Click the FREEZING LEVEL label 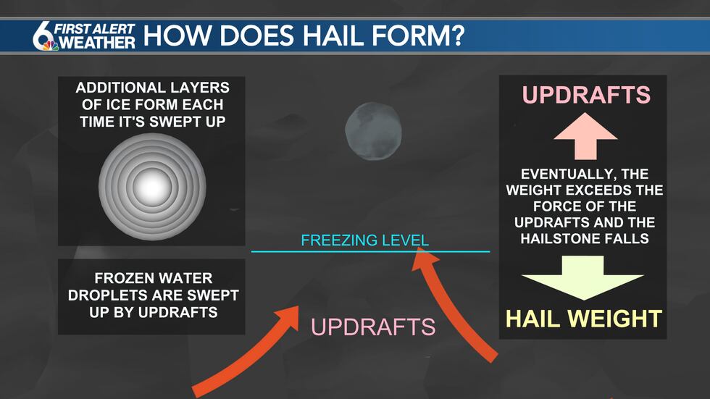(364, 240)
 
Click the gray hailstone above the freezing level (372, 131)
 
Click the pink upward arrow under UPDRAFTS (583, 138)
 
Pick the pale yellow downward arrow (583, 278)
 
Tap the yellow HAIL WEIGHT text (583, 318)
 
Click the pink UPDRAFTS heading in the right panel (586, 95)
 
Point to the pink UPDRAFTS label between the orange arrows (373, 327)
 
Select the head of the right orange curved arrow (420, 255)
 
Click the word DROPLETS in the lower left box (107, 296)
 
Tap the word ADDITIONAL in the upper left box (116, 88)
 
